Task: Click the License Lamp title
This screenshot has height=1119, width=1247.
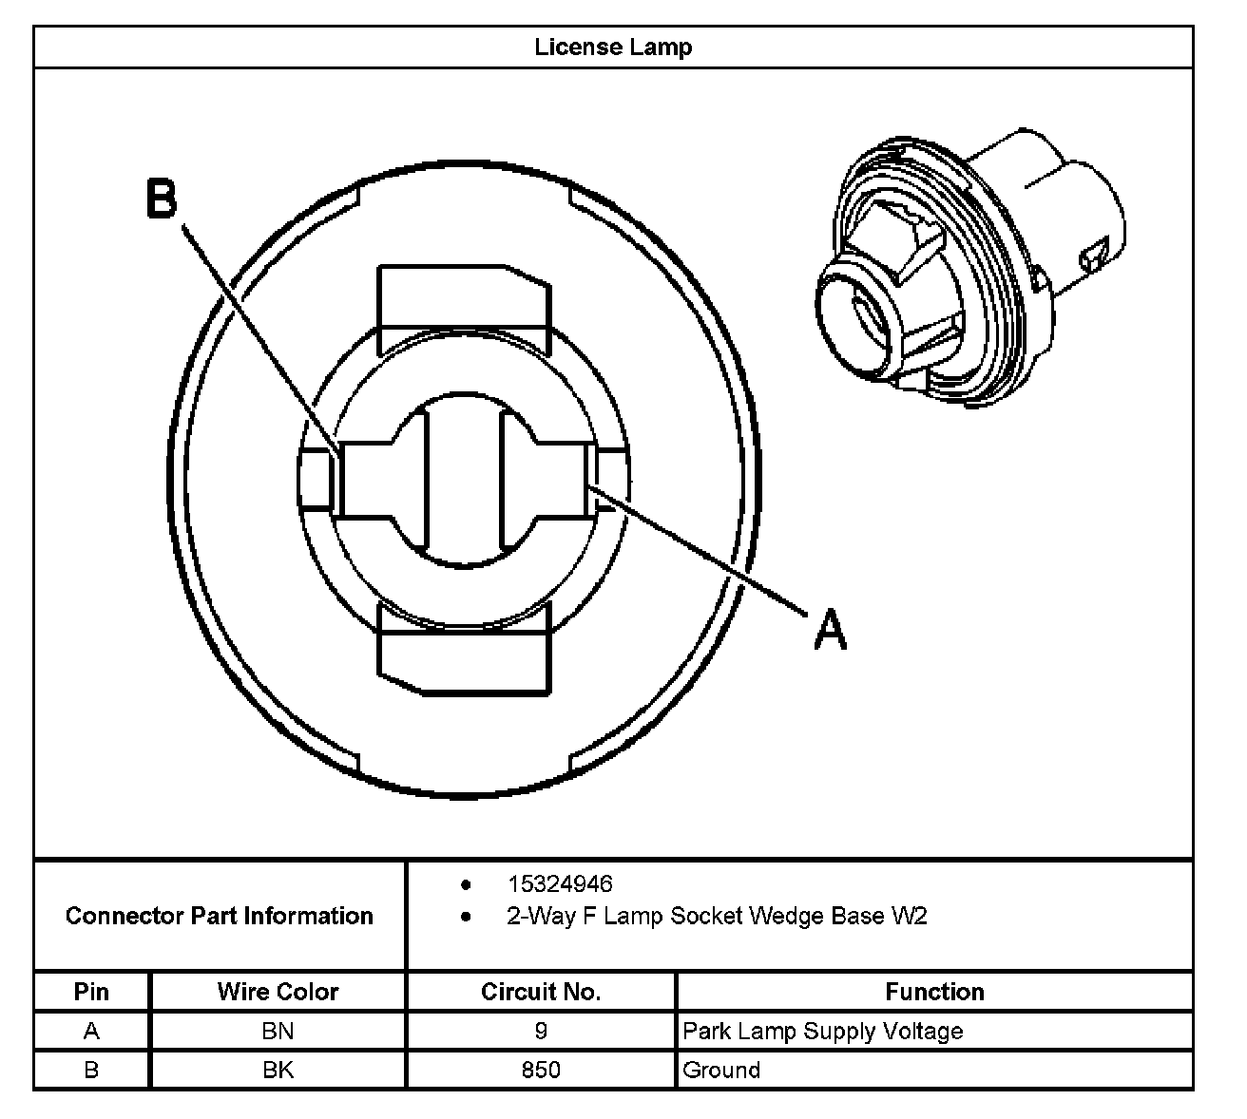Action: (613, 47)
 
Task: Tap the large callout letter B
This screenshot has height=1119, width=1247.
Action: (162, 199)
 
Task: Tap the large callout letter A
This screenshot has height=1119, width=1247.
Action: (830, 630)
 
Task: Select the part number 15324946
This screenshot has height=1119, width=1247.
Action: (560, 884)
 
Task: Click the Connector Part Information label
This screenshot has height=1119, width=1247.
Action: (220, 916)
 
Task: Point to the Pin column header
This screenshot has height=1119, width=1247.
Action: (91, 992)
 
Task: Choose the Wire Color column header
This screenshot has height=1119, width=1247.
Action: (278, 992)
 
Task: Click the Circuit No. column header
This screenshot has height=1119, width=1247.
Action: (541, 992)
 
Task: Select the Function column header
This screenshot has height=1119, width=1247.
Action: (934, 992)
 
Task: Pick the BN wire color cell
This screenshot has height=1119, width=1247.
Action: (278, 1031)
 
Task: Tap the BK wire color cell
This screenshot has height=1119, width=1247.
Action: (278, 1070)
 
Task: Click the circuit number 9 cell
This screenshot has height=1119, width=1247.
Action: (541, 1031)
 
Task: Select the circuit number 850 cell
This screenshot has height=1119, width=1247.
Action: (541, 1070)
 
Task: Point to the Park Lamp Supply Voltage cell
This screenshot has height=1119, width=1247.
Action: (823, 1031)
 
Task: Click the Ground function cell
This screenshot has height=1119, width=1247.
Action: (721, 1070)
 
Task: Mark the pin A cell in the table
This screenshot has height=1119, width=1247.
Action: (91, 1031)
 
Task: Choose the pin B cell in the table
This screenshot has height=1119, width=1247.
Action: (91, 1070)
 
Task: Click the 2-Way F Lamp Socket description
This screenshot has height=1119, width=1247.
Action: (717, 917)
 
